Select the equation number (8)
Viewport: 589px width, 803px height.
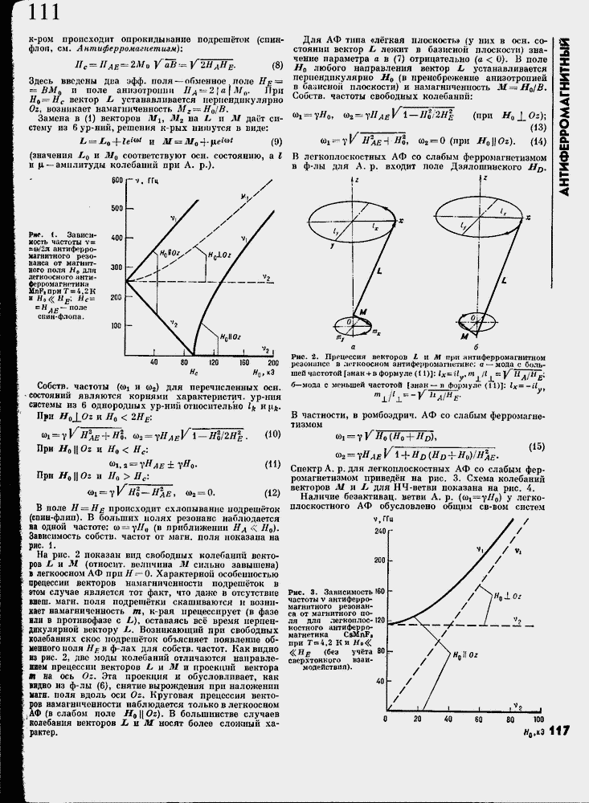[276, 67]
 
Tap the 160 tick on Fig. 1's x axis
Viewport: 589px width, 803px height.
[243, 364]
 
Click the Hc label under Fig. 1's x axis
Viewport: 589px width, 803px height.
[193, 373]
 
